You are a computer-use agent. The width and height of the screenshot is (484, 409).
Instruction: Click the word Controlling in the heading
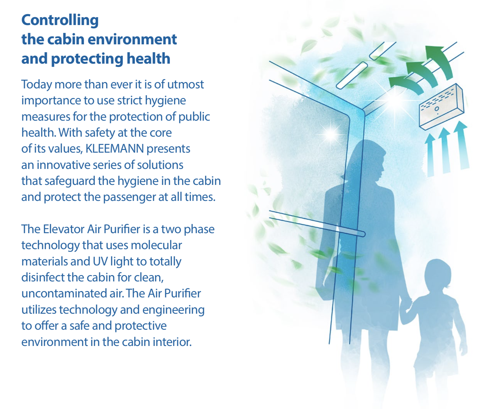point(60,21)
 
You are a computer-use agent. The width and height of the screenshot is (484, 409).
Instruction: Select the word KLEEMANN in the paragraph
point(115,149)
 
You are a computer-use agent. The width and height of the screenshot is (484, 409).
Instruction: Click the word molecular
point(156,245)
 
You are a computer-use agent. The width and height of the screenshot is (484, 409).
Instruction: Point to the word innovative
point(63,165)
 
